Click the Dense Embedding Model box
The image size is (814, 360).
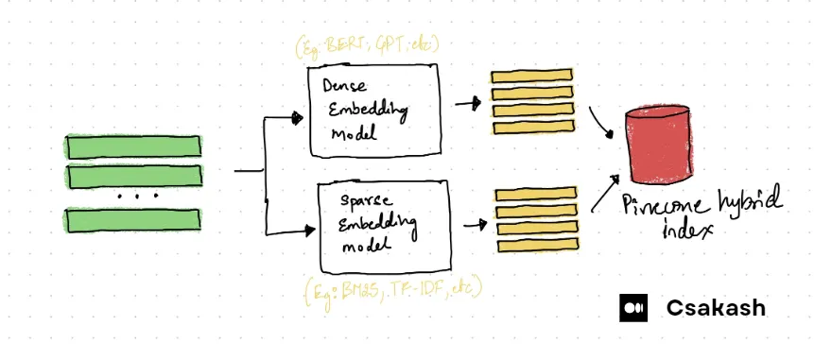[376, 111]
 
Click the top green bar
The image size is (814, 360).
[133, 146]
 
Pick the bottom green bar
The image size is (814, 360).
[133, 220]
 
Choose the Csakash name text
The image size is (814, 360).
[716, 308]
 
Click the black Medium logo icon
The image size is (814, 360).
[633, 308]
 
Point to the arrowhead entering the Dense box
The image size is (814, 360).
[299, 119]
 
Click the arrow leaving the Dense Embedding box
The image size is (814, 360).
[467, 103]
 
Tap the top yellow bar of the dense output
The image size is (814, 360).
[532, 77]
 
